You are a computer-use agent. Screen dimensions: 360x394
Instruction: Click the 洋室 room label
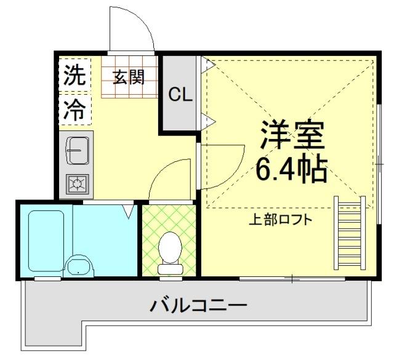[292, 137]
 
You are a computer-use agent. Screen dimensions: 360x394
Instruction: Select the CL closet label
[181, 95]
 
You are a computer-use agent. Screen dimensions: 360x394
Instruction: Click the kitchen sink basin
[78, 150]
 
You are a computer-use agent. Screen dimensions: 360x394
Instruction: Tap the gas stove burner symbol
[78, 183]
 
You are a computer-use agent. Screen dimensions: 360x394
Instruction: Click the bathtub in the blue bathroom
[46, 241]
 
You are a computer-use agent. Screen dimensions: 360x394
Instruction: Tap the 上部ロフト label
[280, 220]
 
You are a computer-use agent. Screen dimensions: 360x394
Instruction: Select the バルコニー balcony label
[199, 305]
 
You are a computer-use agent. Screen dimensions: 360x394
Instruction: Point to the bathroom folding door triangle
[128, 211]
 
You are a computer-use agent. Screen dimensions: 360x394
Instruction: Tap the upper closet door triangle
[209, 64]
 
